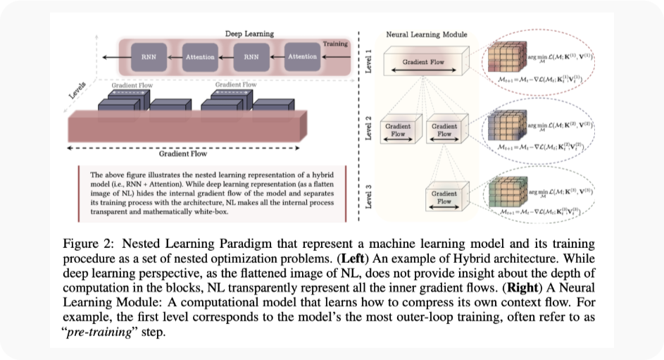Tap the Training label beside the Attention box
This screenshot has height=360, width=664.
coord(335,44)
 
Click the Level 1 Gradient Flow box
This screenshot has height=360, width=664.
coord(422,63)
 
